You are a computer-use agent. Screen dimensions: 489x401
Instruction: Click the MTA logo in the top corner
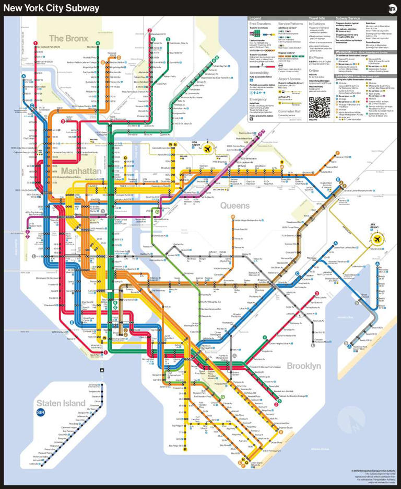pos(391,8)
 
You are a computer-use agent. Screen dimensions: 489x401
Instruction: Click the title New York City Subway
pos(52,8)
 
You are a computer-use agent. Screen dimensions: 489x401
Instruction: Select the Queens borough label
pos(235,206)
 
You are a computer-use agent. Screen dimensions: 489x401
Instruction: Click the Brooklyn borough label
pos(303,366)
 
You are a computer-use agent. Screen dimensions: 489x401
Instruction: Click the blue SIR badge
pos(42,413)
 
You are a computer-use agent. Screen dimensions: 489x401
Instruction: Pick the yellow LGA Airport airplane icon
pos(209,149)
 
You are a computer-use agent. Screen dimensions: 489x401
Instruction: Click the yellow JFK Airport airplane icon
pos(375,239)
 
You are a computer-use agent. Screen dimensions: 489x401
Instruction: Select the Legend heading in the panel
pos(255,18)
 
